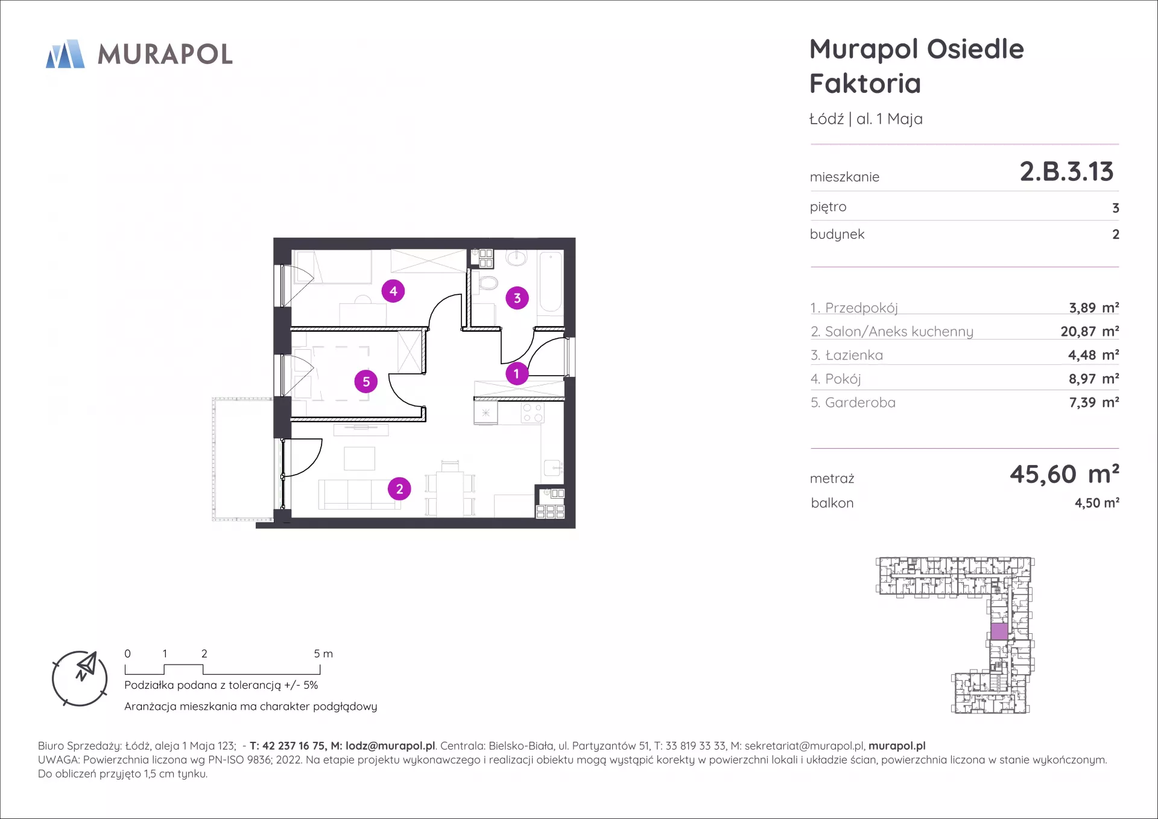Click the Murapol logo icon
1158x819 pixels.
point(65,54)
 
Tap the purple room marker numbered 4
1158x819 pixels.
point(393,291)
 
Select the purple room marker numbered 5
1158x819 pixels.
point(366,381)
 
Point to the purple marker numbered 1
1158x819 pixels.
point(516,373)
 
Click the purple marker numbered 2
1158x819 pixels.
point(399,489)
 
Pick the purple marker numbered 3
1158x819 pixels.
point(517,298)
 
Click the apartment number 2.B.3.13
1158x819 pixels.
point(1066,172)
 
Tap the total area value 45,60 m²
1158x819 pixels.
point(1065,474)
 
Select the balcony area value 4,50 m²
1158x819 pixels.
point(1096,503)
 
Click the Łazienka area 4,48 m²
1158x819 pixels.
point(1093,355)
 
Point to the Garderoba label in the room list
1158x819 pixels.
point(860,402)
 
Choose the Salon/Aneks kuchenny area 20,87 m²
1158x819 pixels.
point(1090,331)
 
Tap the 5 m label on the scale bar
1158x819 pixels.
point(323,654)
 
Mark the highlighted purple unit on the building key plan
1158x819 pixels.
point(999,631)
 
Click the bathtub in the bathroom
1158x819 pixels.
point(551,282)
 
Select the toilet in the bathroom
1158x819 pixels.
point(487,282)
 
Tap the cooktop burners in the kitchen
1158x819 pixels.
point(533,413)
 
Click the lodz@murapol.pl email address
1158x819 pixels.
point(390,746)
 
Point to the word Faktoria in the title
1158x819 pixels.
point(865,83)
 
